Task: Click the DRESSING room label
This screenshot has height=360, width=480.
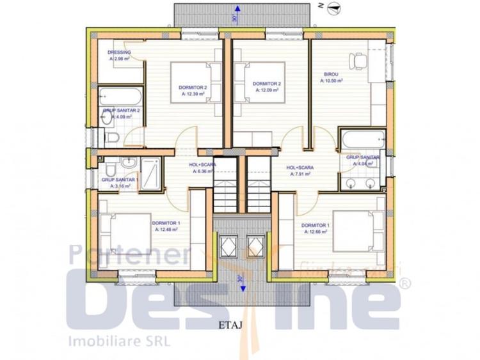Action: (119, 52)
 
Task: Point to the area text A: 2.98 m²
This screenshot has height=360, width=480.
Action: (120, 58)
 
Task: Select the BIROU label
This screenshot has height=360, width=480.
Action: (328, 74)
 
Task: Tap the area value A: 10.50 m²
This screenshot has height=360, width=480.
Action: (332, 81)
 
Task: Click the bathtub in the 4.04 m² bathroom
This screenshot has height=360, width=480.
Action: (363, 139)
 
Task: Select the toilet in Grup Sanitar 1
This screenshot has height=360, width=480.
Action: (111, 168)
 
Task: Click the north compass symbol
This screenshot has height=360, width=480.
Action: (332, 8)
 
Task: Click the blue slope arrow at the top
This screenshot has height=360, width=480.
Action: (237, 10)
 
